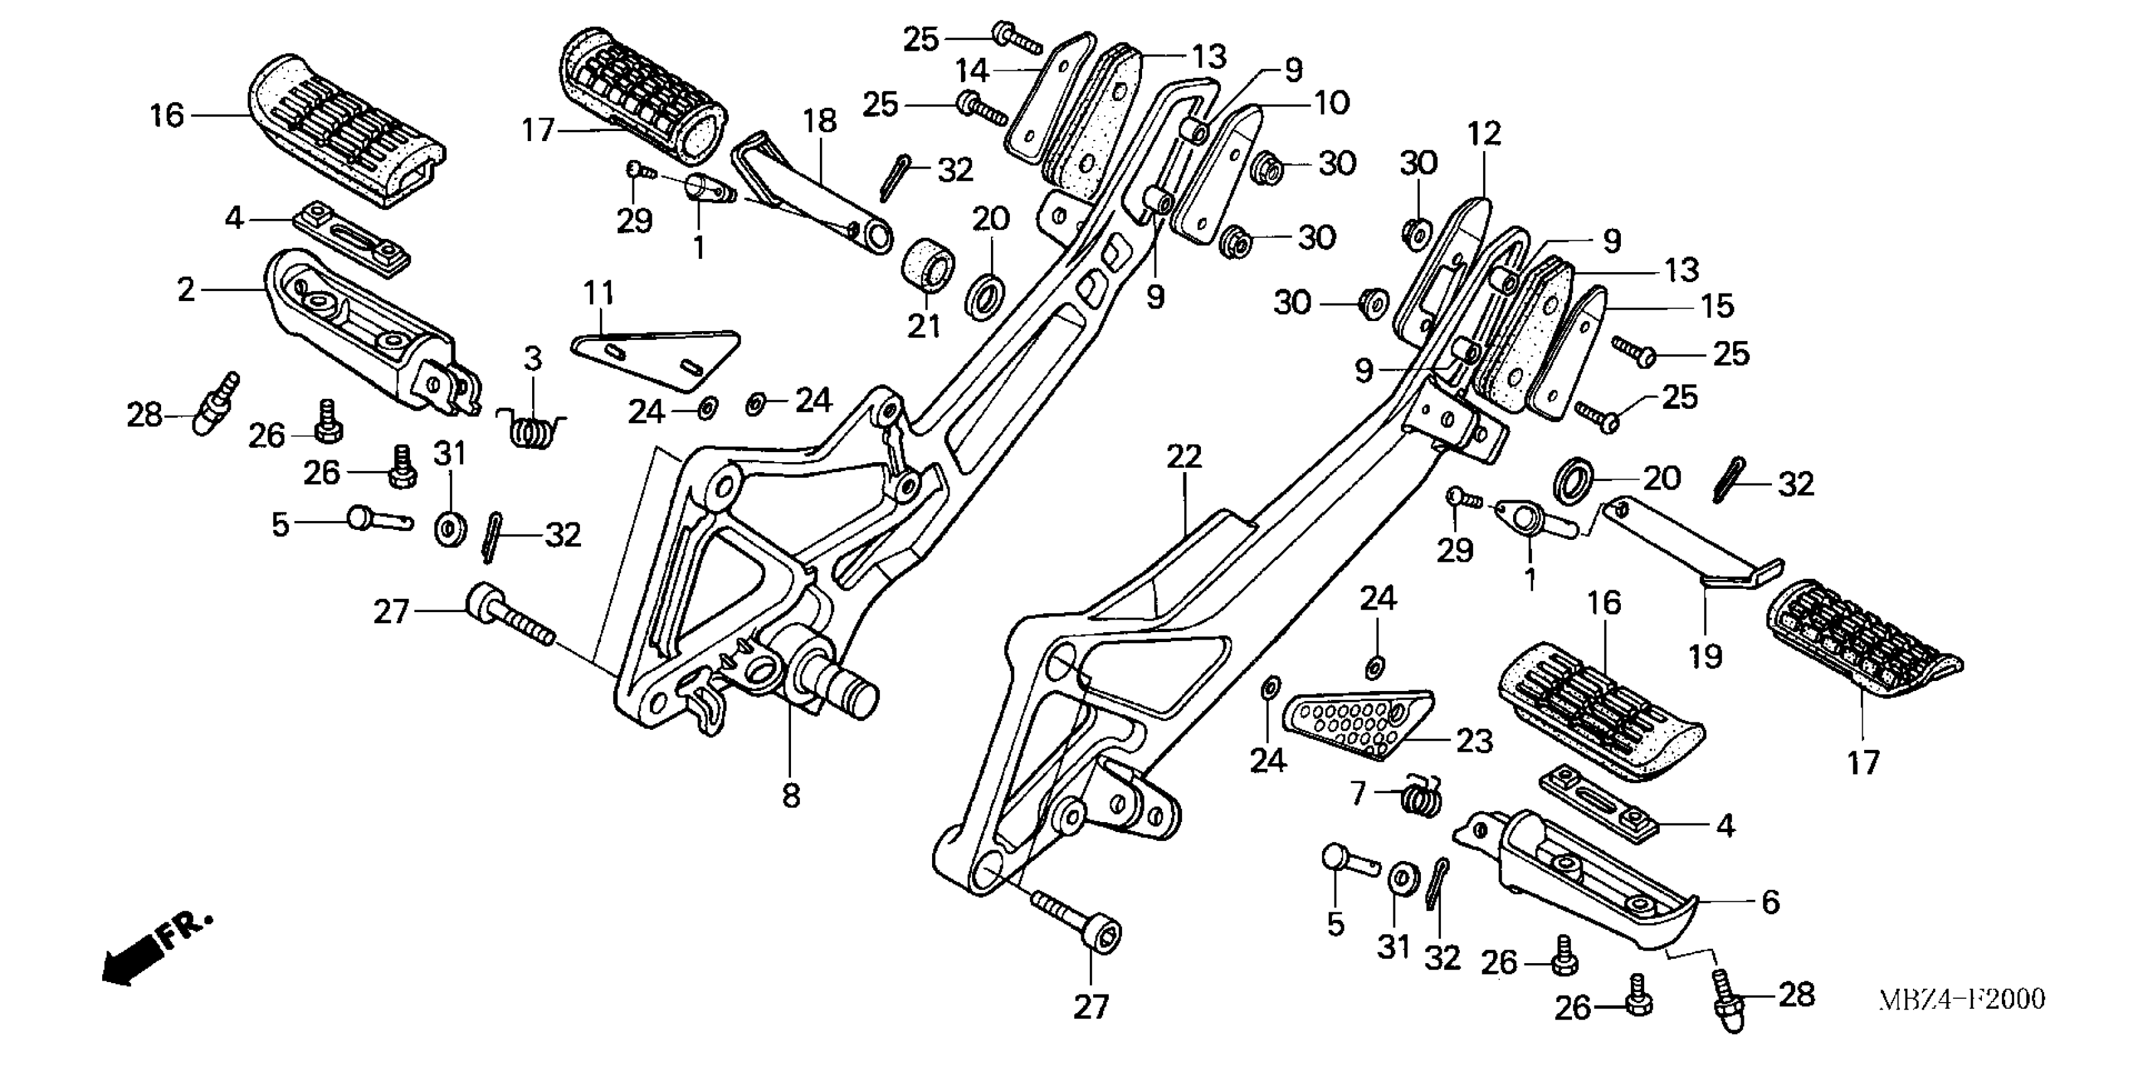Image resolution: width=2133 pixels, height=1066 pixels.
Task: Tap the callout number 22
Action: click(x=1183, y=456)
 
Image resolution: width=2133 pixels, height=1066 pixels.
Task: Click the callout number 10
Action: click(x=1331, y=103)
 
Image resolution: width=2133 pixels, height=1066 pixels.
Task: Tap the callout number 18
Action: click(x=819, y=121)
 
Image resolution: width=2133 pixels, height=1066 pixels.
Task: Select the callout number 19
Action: click(x=1705, y=656)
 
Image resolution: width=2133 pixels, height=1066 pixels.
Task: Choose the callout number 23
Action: click(x=1474, y=741)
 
